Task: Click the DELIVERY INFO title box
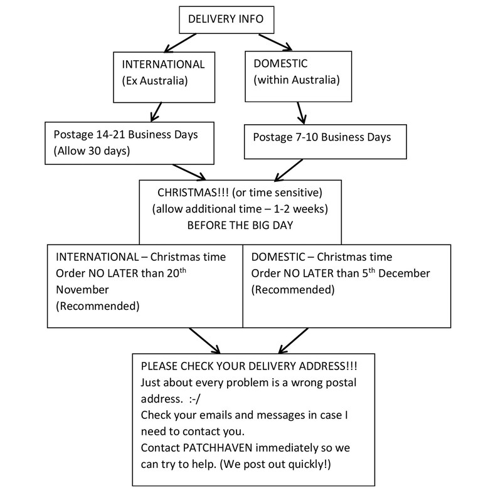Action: pos(226,19)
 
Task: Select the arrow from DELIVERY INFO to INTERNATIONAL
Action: pos(180,43)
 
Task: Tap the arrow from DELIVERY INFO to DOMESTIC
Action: pos(275,42)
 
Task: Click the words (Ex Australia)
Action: pos(155,81)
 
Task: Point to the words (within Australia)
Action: pos(297,80)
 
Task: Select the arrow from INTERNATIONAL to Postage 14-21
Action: pos(156,112)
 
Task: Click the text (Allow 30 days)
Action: pos(92,151)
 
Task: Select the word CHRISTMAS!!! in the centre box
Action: pos(193,193)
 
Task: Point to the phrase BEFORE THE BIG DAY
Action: pos(240,225)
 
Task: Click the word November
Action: pos(82,290)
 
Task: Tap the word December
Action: pos(404,273)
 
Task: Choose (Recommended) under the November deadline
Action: pos(98,306)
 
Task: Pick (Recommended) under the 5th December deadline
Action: pos(293,290)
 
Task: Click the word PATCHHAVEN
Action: pos(218,448)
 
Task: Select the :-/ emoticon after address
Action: pos(194,399)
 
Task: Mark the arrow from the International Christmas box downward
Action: pos(204,341)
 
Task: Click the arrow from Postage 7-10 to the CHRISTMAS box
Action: pos(289,170)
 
